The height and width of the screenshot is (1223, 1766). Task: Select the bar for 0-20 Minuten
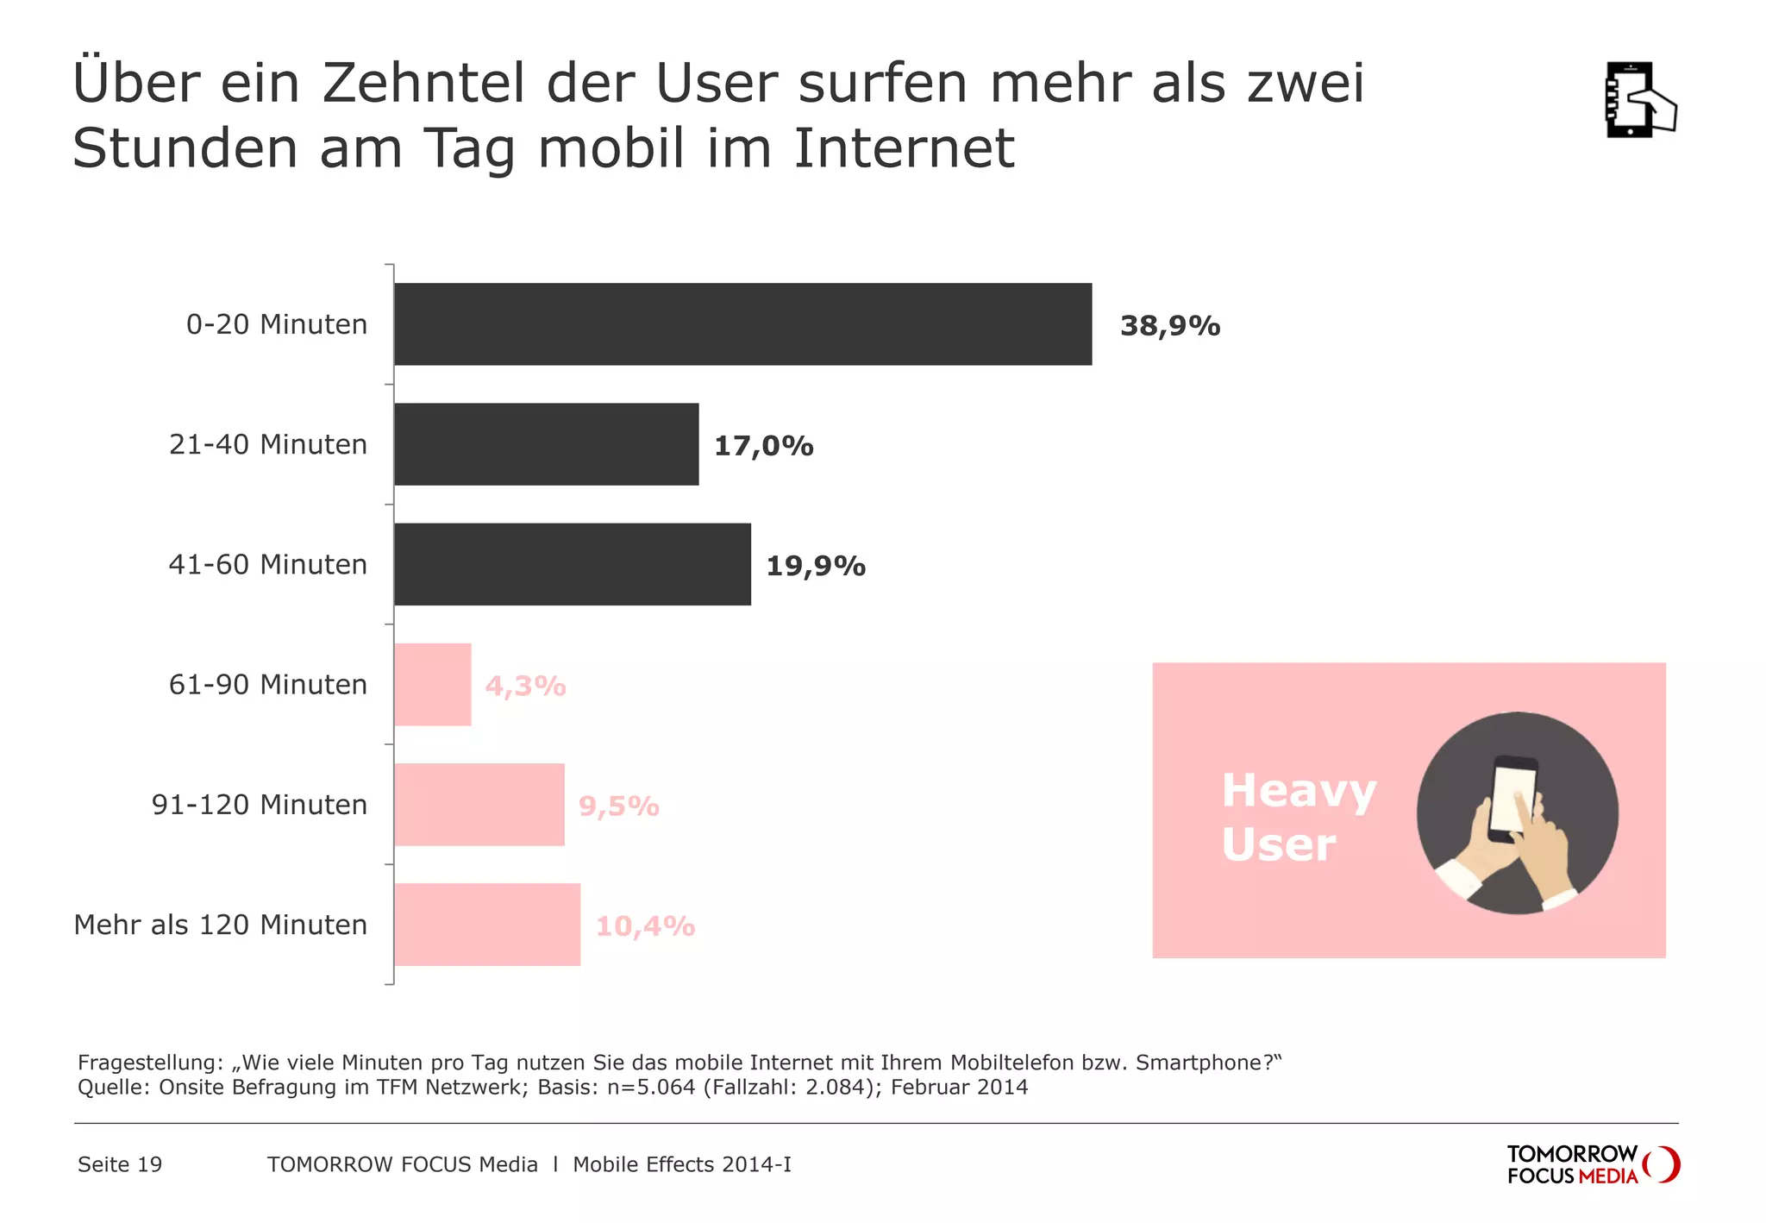(x=742, y=324)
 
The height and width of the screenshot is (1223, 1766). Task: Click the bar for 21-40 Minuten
(x=546, y=444)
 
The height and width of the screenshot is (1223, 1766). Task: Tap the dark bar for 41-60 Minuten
(x=572, y=564)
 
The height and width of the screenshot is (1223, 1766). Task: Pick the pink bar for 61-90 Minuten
(x=433, y=685)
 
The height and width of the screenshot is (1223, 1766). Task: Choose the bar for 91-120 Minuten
(x=479, y=805)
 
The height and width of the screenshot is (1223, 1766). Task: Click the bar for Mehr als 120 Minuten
(x=487, y=925)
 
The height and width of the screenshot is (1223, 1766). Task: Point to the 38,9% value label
(x=1170, y=326)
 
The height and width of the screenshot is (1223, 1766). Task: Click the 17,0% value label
(x=764, y=446)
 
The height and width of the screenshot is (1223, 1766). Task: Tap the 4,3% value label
(x=526, y=687)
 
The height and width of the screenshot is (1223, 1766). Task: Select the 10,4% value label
(x=645, y=926)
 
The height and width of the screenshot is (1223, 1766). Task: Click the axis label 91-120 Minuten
(x=260, y=805)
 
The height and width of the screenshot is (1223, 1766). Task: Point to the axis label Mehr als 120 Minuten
(x=221, y=925)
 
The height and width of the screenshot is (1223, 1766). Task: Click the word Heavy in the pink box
(x=1299, y=791)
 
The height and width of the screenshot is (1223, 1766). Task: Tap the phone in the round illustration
(x=1513, y=798)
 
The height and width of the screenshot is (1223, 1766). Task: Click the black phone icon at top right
(x=1638, y=100)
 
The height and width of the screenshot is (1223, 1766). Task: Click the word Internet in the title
(x=903, y=148)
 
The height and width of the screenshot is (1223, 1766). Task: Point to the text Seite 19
(x=120, y=1164)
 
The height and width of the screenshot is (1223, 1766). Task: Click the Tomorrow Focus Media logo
(x=1592, y=1164)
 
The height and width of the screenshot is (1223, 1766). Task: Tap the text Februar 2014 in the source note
(x=959, y=1087)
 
